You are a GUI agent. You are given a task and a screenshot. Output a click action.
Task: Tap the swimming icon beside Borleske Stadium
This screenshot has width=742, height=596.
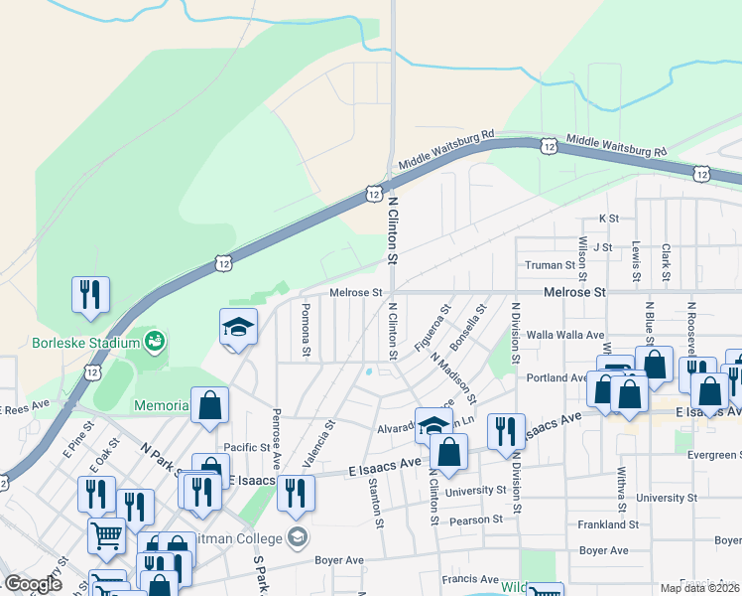click(154, 343)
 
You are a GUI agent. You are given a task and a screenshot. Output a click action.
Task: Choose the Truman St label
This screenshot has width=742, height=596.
click(550, 265)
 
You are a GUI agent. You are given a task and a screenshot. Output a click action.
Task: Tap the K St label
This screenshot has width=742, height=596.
click(608, 218)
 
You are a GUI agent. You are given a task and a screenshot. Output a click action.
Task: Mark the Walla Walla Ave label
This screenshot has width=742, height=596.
click(565, 335)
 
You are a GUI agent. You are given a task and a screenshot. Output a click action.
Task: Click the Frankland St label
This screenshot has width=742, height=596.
click(606, 523)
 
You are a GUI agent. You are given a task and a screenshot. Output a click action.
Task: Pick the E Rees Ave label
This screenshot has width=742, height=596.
click(24, 407)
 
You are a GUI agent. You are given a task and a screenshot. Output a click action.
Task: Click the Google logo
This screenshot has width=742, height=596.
click(33, 584)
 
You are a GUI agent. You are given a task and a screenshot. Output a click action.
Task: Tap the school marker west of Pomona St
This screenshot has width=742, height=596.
click(238, 327)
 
